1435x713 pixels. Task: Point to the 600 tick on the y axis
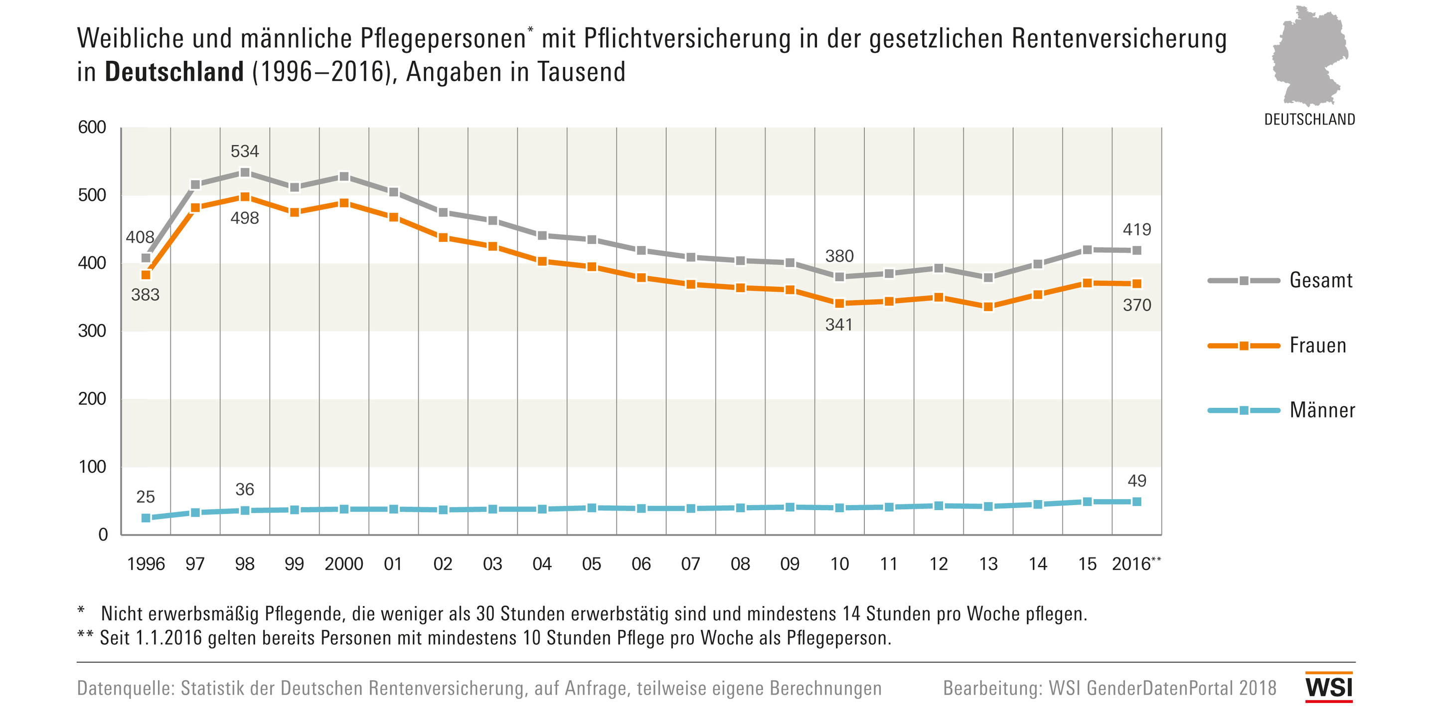point(92,128)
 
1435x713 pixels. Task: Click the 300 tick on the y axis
point(92,331)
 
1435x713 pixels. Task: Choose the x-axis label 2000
point(344,564)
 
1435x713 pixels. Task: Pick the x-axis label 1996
point(146,564)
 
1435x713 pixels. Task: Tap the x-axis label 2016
point(1131,564)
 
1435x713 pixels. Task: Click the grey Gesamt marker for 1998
point(245,172)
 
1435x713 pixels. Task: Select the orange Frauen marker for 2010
point(839,303)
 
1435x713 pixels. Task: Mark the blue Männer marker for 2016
point(1137,502)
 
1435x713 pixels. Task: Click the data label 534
point(245,151)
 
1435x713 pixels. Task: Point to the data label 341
point(839,325)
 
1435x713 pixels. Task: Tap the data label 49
point(1137,481)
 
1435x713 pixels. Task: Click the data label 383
point(146,294)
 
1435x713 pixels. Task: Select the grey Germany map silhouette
point(1309,56)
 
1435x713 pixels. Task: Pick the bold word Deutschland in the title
point(174,72)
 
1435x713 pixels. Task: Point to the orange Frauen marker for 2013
point(988,307)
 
